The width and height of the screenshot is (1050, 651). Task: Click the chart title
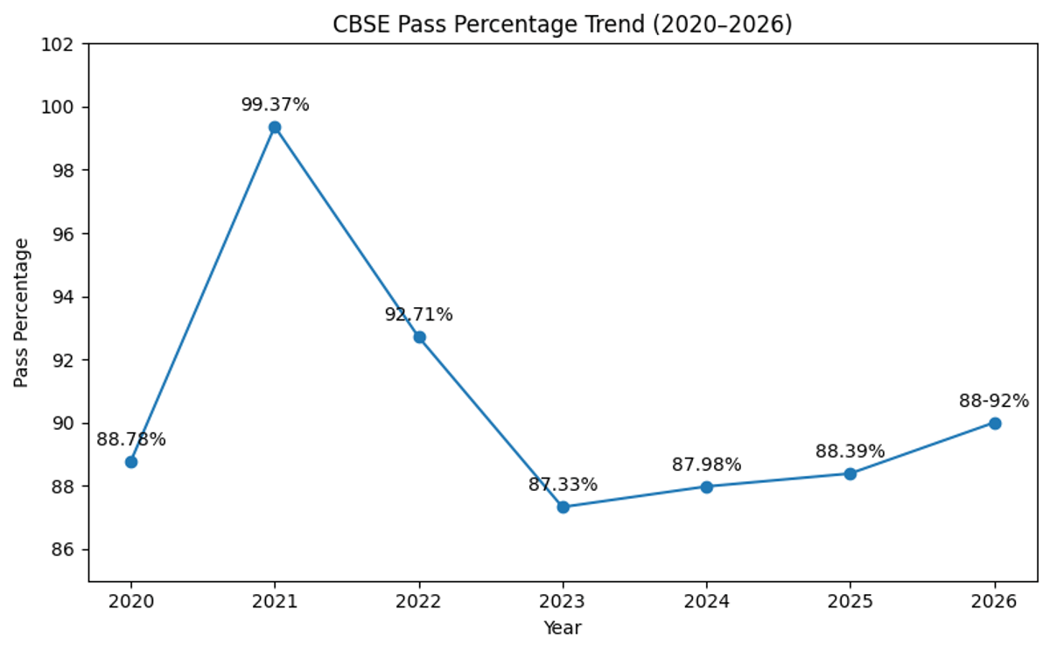click(x=562, y=25)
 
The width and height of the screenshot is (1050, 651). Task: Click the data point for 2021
click(x=275, y=127)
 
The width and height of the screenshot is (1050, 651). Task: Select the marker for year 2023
click(x=563, y=507)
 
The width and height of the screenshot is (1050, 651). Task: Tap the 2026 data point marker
click(x=994, y=423)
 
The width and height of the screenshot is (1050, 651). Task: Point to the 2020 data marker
click(x=131, y=461)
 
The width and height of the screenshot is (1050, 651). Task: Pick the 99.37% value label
click(x=275, y=105)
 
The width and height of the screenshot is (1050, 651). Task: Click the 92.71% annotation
click(x=418, y=315)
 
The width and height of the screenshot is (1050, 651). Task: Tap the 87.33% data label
click(x=563, y=485)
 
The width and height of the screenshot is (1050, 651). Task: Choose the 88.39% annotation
click(x=850, y=451)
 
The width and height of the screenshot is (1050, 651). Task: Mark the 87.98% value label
click(x=706, y=465)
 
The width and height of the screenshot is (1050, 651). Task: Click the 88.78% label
click(x=131, y=439)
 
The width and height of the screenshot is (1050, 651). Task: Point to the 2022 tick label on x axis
click(x=418, y=602)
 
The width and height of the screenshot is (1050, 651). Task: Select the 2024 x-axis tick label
click(x=706, y=602)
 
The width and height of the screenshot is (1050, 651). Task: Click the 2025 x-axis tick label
click(x=850, y=602)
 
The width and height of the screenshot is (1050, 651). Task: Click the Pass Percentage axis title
click(x=22, y=312)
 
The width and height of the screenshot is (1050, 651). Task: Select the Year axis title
click(x=562, y=627)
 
